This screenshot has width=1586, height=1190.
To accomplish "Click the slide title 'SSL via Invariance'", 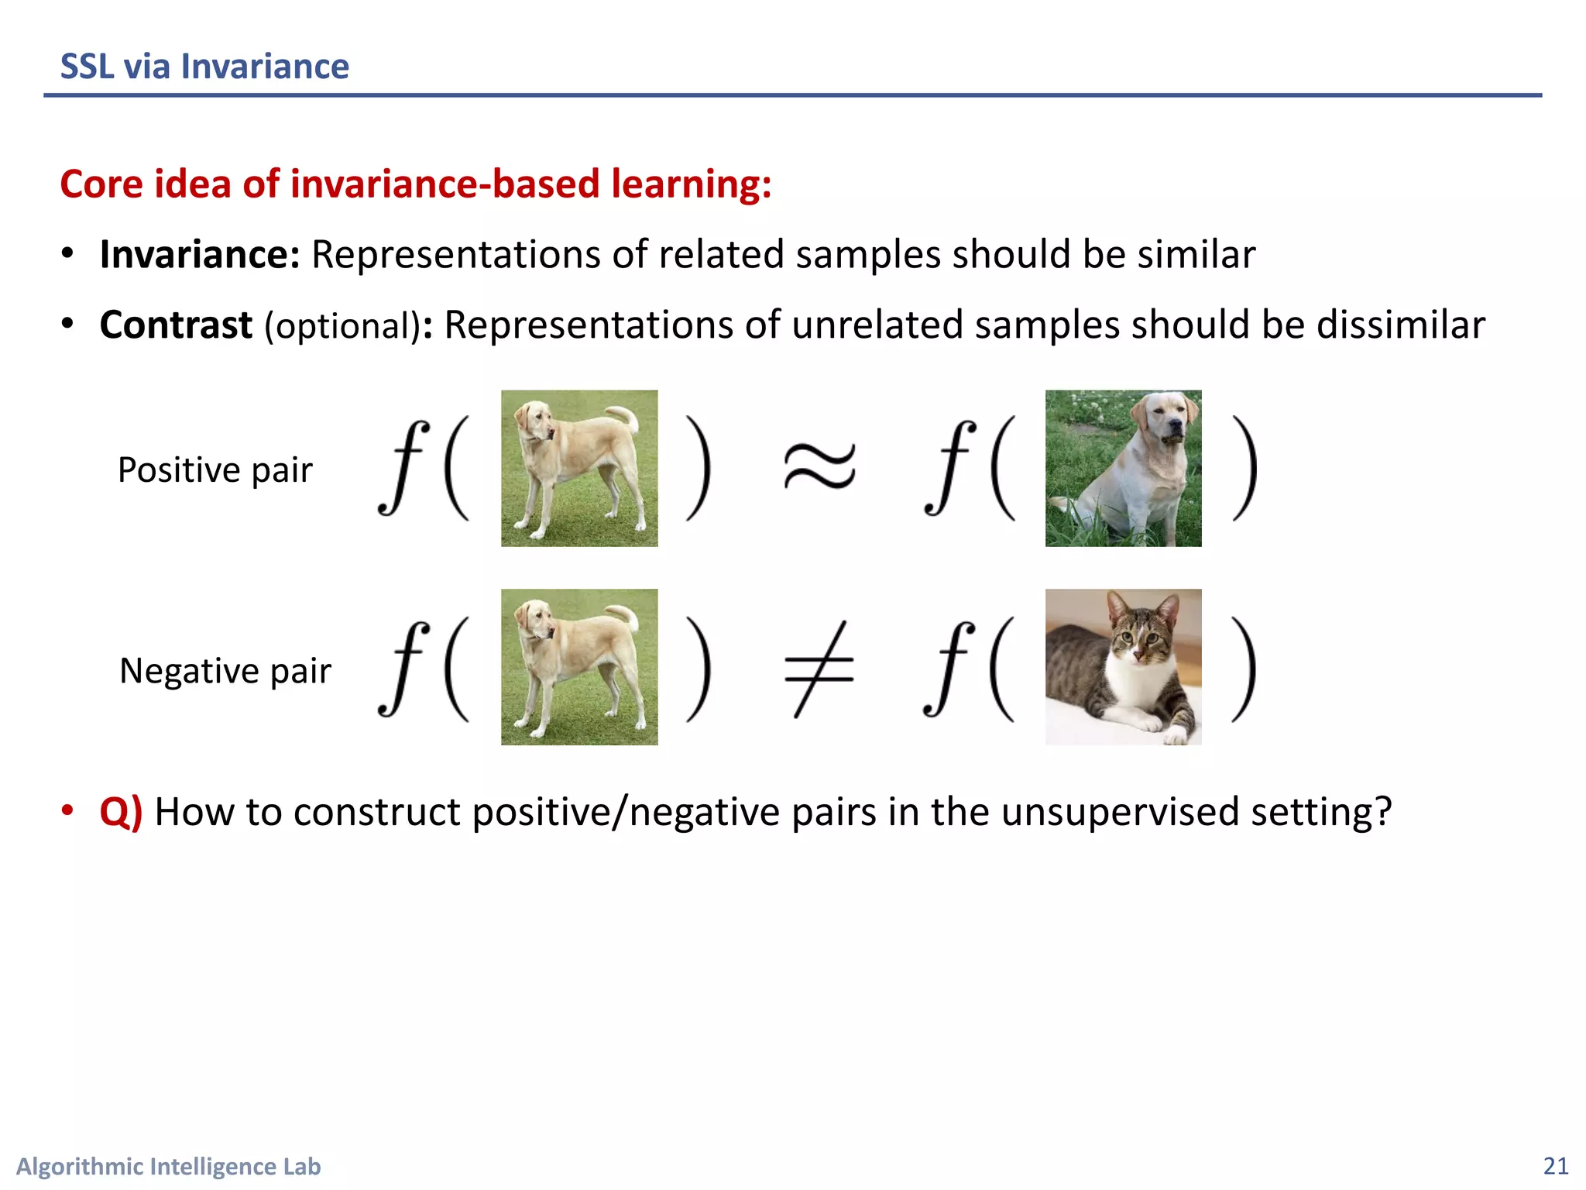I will (204, 67).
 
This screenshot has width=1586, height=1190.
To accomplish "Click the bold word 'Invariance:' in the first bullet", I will (200, 255).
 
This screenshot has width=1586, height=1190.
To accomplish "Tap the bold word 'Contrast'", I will (176, 325).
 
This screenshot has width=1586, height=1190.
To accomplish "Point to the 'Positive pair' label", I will (215, 470).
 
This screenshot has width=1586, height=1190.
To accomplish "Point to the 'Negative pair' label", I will (225, 671).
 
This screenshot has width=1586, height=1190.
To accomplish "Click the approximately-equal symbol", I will (819, 467).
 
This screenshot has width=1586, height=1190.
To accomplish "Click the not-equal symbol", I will (819, 669).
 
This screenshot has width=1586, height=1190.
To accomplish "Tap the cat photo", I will (1123, 667).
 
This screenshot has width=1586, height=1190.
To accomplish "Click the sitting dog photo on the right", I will (1123, 468).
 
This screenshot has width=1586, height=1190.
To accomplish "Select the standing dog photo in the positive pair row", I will (579, 468).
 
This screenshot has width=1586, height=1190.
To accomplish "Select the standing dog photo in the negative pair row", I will (579, 667).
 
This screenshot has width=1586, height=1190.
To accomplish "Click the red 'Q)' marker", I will (121, 812).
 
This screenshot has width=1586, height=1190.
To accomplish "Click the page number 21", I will (1555, 1166).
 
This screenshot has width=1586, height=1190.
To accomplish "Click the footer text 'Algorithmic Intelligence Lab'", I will (168, 1166).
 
